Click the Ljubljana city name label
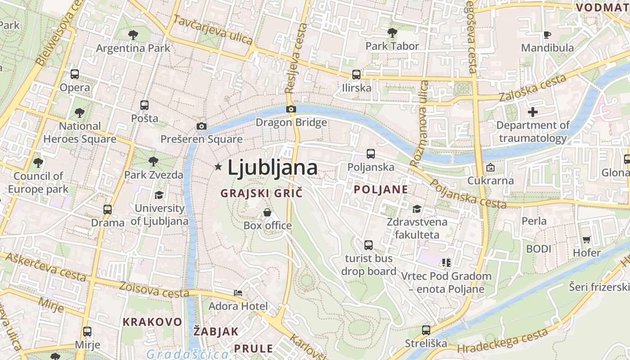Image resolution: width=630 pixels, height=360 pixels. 272,168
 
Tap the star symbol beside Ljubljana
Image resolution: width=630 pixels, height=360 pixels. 218,167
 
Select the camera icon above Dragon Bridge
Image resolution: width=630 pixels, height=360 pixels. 291,109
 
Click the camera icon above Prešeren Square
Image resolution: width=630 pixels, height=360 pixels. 202,126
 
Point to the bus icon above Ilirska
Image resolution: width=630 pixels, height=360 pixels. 356,74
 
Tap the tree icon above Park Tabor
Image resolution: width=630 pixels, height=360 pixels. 392,32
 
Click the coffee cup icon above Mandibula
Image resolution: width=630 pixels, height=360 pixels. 547,35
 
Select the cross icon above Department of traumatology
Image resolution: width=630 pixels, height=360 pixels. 533,112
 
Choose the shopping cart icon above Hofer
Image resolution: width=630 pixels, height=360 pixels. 586,239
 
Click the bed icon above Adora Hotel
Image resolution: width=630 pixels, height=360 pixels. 238,293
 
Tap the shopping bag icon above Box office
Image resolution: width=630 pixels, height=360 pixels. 267,212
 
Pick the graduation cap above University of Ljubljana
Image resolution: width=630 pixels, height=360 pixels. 159,195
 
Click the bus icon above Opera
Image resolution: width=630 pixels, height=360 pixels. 75,74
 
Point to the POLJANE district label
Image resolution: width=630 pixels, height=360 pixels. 381,189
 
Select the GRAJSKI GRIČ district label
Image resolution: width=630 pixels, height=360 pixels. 261,193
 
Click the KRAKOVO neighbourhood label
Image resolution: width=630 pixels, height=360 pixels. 153,322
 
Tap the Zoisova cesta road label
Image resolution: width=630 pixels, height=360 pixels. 154,290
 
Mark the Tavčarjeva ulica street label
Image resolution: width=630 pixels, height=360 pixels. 213,30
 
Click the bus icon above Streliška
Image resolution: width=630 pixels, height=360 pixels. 426,330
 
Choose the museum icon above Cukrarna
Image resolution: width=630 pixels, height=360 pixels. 490,167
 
